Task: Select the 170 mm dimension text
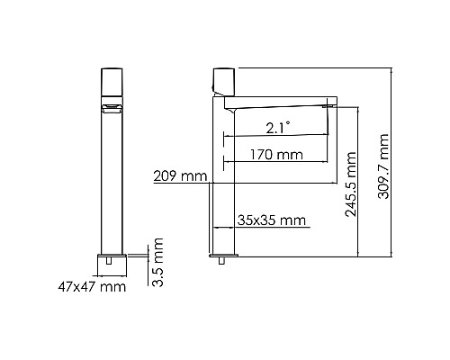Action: (276, 155)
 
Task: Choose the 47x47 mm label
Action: (86, 286)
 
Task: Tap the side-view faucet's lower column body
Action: (222, 216)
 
